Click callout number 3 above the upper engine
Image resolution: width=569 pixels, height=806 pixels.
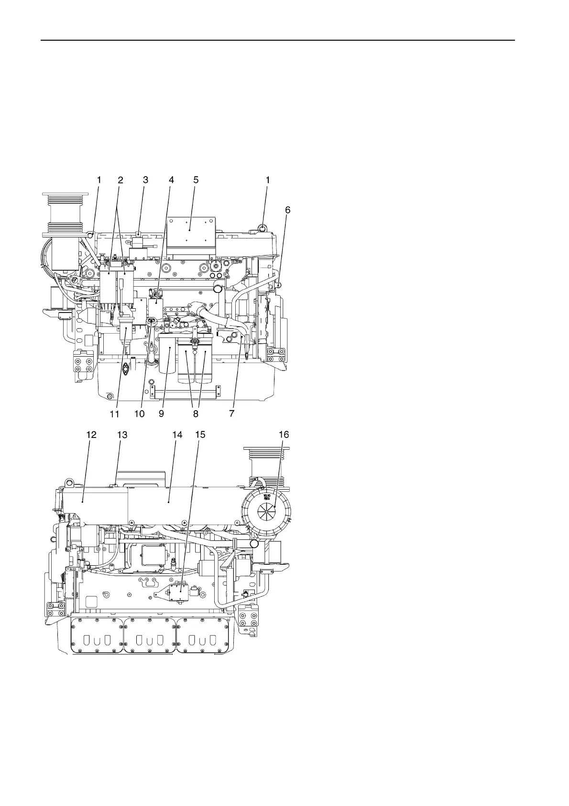click(x=146, y=180)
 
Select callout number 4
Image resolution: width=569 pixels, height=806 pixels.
click(x=171, y=180)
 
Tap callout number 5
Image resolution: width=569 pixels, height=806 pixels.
click(x=196, y=180)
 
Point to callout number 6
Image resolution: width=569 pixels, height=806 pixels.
click(x=287, y=210)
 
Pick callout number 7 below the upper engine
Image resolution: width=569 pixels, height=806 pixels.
click(x=232, y=414)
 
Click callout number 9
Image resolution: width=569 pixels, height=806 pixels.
click(x=161, y=414)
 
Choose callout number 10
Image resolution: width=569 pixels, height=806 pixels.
click(x=139, y=414)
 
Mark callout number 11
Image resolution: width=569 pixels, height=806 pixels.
click(x=114, y=414)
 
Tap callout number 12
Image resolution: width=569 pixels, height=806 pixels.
click(x=91, y=435)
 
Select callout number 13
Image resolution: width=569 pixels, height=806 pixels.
click(x=122, y=435)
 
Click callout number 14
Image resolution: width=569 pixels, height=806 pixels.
click(x=177, y=435)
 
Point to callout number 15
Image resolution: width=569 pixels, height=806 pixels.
click(x=200, y=435)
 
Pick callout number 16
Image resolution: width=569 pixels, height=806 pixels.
click(x=284, y=435)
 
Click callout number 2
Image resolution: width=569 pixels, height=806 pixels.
click(x=120, y=180)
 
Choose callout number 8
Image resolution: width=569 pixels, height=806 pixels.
click(x=196, y=414)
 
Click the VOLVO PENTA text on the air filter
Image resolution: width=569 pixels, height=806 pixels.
click(x=267, y=498)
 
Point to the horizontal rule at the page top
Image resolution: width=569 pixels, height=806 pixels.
click(x=277, y=41)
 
